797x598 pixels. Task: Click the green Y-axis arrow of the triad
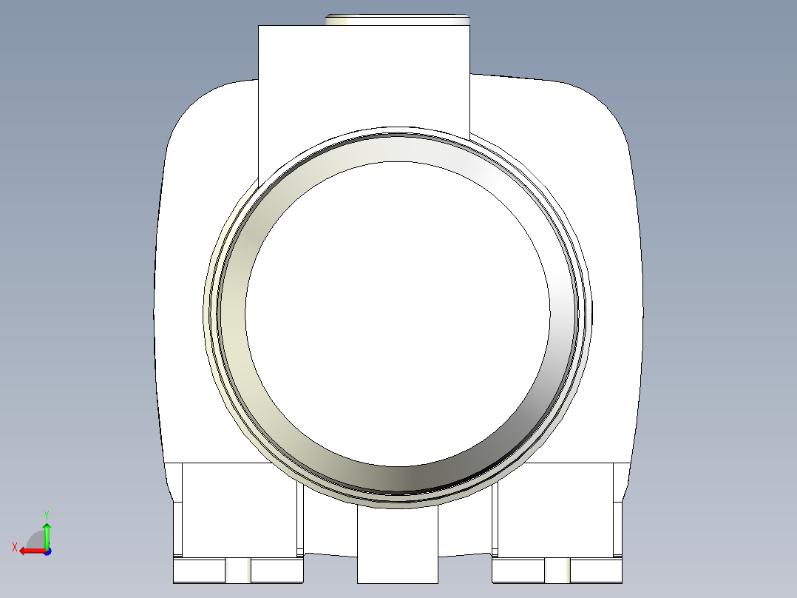(x=47, y=532)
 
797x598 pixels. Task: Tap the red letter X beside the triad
(x=14, y=547)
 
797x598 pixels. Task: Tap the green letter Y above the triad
(x=46, y=513)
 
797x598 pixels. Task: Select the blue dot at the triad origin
(x=47, y=551)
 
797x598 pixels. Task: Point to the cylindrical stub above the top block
(x=397, y=19)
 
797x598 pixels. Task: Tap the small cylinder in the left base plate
(x=238, y=571)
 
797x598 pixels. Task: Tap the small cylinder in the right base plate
(x=557, y=571)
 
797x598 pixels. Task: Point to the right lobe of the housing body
(x=606, y=222)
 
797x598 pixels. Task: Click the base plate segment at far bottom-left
(x=198, y=571)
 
